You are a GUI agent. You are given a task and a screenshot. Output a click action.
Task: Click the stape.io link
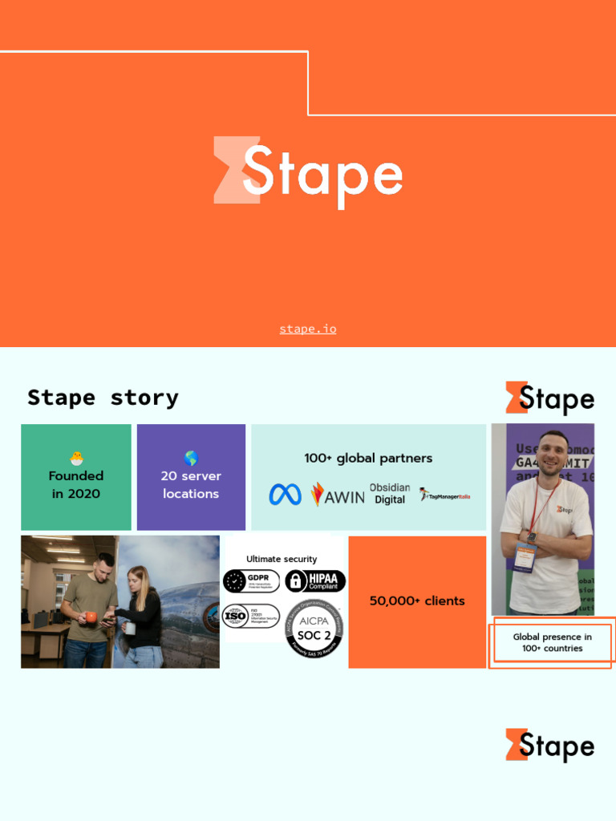[x=308, y=329]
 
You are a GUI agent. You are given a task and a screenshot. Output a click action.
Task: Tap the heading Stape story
[x=103, y=398]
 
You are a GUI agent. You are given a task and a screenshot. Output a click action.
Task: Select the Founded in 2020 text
[x=76, y=485]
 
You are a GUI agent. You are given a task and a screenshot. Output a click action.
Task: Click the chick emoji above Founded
[x=76, y=459]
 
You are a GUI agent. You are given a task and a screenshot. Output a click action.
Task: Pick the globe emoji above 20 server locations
[x=191, y=459]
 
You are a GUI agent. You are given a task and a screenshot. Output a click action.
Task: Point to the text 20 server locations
[x=191, y=485]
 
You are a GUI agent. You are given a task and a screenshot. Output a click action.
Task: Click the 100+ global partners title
[x=368, y=459]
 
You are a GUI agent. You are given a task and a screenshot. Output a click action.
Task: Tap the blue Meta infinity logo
[x=286, y=495]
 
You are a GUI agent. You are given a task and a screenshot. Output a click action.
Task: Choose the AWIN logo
[x=338, y=495]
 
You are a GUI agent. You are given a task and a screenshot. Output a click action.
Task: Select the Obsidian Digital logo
[x=390, y=494]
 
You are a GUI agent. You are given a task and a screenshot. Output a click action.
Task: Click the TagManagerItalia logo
[x=444, y=495]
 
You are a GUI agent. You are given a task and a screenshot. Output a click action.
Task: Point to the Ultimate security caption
[x=282, y=559]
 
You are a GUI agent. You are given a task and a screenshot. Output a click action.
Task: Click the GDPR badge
[x=251, y=580]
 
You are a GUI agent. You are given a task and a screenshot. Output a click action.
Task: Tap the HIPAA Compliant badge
[x=315, y=580]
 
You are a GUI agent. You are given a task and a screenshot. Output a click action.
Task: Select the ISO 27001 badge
[x=251, y=616]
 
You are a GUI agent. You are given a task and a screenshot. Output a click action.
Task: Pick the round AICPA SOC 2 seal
[x=314, y=629]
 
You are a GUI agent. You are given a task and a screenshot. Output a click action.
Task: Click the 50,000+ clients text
[x=417, y=601]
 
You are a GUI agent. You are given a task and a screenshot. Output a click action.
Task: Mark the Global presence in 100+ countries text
[x=553, y=642]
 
